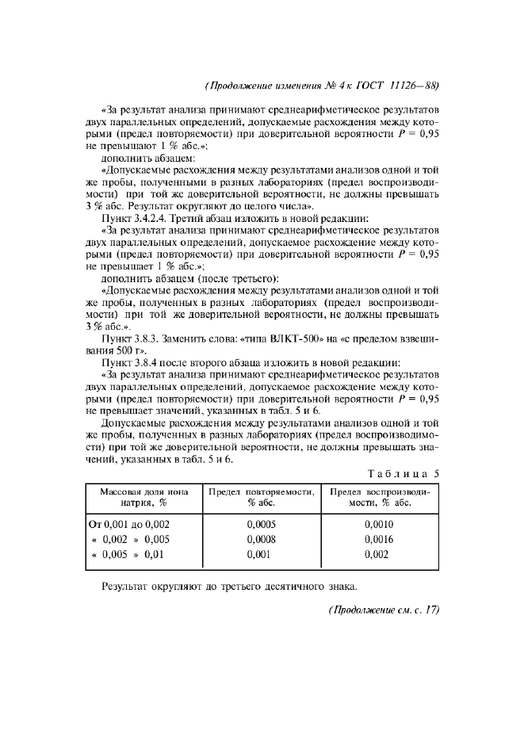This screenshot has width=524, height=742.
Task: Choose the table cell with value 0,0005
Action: click(261, 524)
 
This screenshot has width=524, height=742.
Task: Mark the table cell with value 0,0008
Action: click(261, 539)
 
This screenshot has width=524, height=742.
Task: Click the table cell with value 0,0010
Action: click(378, 524)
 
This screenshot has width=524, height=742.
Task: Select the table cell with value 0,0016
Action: click(378, 539)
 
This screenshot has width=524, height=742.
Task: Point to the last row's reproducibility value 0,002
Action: click(378, 554)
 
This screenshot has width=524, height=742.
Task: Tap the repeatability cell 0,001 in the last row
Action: click(261, 554)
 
